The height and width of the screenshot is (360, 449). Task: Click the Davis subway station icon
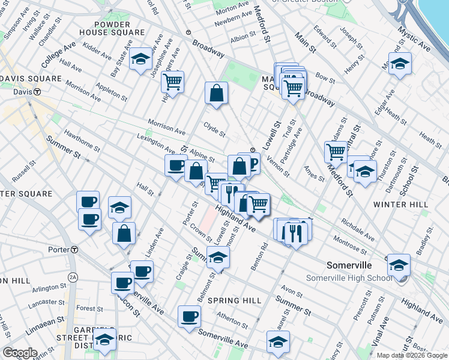(x=37, y=92)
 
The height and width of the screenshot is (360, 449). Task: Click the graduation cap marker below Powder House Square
(x=140, y=59)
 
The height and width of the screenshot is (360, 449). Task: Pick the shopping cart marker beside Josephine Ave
(x=173, y=82)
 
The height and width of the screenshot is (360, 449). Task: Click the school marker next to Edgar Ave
(x=399, y=63)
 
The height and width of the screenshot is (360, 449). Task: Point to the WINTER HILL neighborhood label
(x=400, y=205)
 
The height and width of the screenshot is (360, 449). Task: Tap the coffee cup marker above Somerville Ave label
(x=189, y=316)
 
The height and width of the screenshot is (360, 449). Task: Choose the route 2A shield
(x=73, y=277)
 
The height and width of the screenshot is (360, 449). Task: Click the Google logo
(x=20, y=352)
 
